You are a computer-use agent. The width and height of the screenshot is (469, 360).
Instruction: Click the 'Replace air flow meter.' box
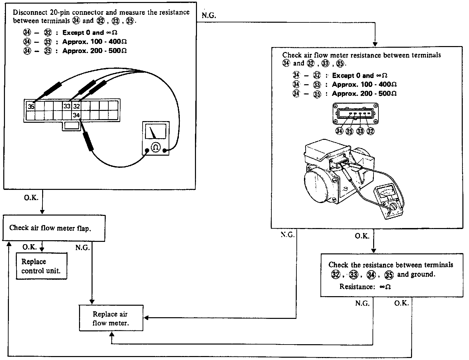click(111, 318)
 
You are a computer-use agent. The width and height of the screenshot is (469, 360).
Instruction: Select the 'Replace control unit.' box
click(41, 266)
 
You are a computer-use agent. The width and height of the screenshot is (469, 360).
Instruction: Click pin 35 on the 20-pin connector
click(31, 106)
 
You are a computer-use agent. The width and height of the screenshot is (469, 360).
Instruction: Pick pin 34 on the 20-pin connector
click(76, 115)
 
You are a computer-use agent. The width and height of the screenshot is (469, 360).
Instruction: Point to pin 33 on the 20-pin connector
click(67, 106)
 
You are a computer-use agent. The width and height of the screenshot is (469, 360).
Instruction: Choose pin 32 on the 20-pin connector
click(76, 106)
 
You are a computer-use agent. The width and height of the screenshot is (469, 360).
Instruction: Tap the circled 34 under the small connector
click(339, 131)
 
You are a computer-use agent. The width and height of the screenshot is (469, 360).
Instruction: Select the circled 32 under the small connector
click(371, 131)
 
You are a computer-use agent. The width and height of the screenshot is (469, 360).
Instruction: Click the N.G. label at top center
click(209, 15)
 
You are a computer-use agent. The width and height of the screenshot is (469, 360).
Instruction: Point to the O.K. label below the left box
click(31, 198)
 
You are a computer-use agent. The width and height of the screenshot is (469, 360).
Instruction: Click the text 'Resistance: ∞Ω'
click(365, 287)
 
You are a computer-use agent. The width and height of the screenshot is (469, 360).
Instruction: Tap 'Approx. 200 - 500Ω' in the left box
click(95, 51)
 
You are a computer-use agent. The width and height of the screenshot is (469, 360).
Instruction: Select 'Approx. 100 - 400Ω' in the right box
click(364, 85)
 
